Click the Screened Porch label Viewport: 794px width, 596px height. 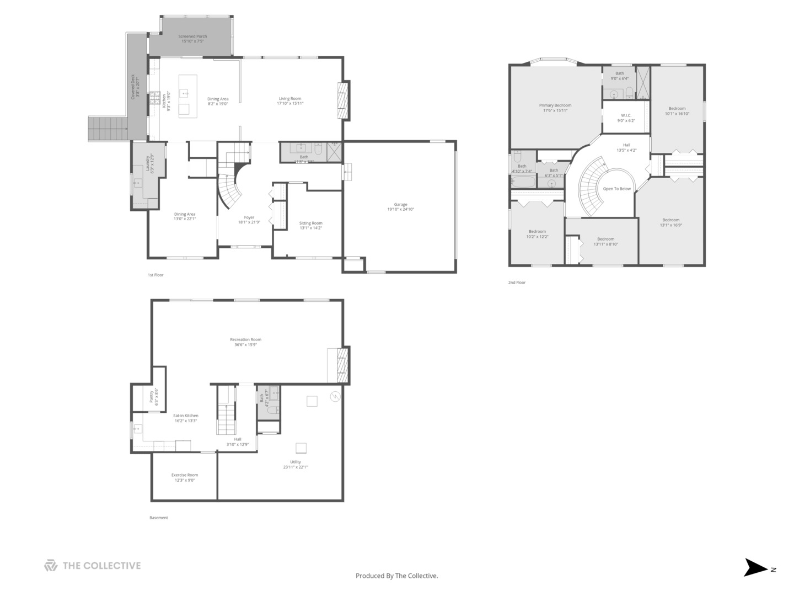(x=192, y=39)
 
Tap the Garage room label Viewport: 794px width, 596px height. (x=400, y=207)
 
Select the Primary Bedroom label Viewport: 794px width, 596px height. (x=555, y=108)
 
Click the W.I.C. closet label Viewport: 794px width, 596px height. (x=626, y=118)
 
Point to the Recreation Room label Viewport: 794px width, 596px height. (x=245, y=342)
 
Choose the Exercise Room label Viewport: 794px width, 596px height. (x=184, y=477)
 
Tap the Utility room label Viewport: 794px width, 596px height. (x=296, y=464)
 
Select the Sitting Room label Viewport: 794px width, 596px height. (x=310, y=225)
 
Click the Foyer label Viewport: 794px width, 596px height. (x=249, y=220)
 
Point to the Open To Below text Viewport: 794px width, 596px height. (x=616, y=189)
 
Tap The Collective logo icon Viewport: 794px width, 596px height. (x=51, y=566)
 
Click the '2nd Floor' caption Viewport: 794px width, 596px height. (x=517, y=283)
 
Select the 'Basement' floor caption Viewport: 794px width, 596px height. (x=158, y=518)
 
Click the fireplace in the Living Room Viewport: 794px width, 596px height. (x=344, y=100)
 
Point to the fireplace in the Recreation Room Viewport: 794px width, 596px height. (x=343, y=365)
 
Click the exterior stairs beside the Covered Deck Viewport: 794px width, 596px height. (x=109, y=129)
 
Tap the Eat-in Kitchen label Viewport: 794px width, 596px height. (x=185, y=418)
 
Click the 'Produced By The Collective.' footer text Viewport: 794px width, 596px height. (x=396, y=576)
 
